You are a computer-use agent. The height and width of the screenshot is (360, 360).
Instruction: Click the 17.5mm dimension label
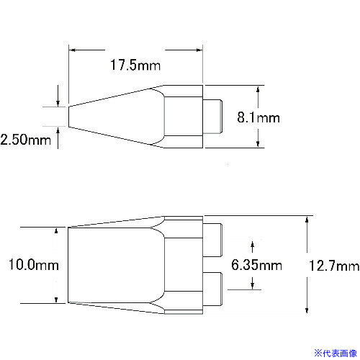(x=135, y=65)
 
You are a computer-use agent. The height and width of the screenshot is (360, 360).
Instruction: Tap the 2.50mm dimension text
(x=26, y=140)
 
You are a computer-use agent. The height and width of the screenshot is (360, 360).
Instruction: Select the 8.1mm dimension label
(x=258, y=117)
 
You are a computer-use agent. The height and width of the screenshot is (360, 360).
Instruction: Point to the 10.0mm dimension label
(x=34, y=264)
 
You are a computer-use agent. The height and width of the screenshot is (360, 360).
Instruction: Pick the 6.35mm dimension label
(x=256, y=265)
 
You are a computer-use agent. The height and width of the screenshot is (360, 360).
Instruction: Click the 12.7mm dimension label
(x=334, y=266)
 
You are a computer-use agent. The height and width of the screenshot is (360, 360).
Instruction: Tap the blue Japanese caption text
(x=336, y=354)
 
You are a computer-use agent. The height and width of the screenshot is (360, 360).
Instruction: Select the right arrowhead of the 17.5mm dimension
(x=199, y=50)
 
